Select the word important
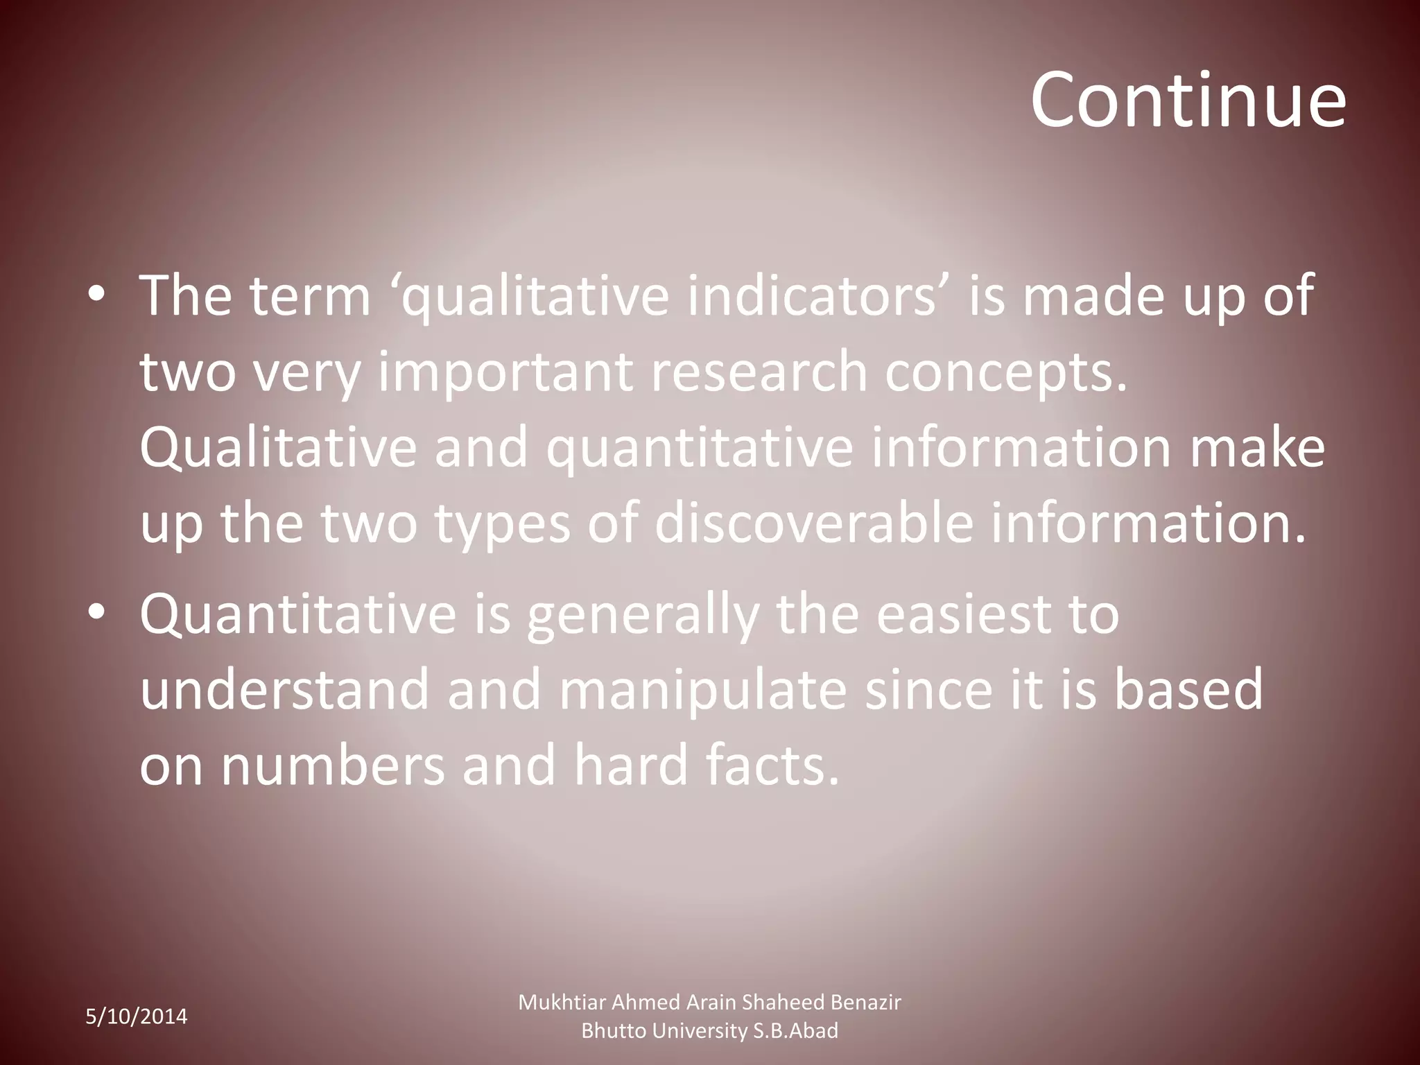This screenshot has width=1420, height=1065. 505,372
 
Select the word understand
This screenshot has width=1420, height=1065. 284,690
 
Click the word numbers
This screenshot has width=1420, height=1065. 333,766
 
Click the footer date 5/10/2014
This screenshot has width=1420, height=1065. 137,1016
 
